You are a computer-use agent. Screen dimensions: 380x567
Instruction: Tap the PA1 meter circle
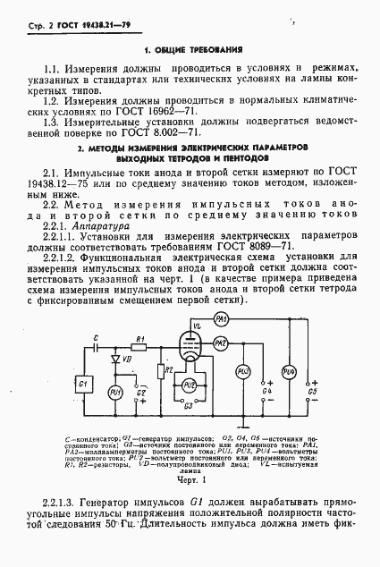222,320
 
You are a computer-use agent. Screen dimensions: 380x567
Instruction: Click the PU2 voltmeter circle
189,384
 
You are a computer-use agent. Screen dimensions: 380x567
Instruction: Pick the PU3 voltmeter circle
241,370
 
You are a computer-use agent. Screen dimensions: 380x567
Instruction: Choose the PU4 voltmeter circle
288,370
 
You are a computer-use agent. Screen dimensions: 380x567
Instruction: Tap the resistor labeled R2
159,369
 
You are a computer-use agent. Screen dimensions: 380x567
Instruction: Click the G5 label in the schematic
311,390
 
